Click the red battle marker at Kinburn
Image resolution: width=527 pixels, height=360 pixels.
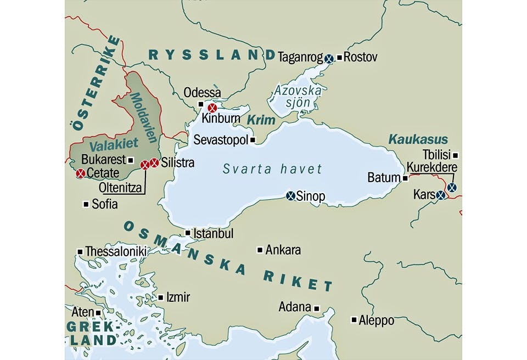tap(212, 108)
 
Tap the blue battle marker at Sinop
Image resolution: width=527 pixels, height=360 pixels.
tap(291, 195)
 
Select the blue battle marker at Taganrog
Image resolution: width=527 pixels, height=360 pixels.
tap(329, 58)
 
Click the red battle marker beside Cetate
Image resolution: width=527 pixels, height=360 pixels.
tap(80, 173)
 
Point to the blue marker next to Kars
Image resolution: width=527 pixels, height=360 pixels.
tap(440, 195)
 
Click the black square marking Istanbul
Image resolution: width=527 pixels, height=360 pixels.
tap(188, 233)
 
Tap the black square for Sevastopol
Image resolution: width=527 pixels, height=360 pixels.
tap(253, 140)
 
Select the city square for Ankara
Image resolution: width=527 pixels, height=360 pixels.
tap(260, 250)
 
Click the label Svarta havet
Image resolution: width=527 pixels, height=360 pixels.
tap(272, 169)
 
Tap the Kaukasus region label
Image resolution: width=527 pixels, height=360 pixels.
tap(418, 139)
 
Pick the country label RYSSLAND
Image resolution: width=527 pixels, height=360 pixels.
tap(212, 54)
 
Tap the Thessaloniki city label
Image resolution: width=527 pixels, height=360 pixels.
tap(115, 251)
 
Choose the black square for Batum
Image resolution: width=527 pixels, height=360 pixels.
tap(405, 178)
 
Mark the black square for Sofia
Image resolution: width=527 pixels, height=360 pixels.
tap(86, 204)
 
